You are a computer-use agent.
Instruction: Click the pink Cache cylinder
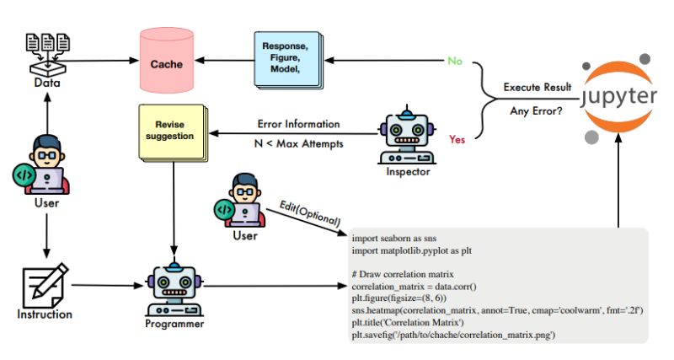coord(167,62)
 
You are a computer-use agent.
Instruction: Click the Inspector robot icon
coord(408,137)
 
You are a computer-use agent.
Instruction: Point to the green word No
coord(454,62)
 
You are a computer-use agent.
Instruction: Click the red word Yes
coord(457,138)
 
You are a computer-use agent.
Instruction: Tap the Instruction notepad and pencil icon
coord(45,286)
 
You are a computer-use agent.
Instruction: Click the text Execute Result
coord(537,87)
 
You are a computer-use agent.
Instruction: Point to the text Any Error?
coord(537,110)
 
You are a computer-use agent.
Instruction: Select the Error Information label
coord(298,124)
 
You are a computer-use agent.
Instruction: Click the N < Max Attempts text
coord(298,144)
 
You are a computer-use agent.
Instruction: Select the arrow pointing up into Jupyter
coord(619,185)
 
